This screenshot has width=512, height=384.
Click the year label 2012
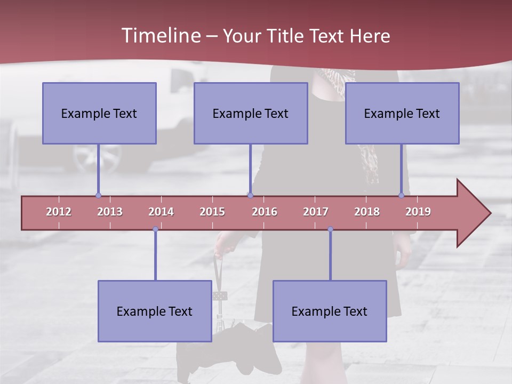tap(59, 212)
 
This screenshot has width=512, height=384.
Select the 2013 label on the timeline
tap(110, 212)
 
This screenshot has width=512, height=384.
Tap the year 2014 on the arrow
tap(161, 212)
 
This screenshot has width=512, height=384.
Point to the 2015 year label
tap(212, 212)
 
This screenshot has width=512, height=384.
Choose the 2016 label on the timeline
tap(265, 212)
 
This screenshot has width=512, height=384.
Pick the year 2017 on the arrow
tap(316, 212)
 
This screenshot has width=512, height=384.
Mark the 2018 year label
tap(367, 212)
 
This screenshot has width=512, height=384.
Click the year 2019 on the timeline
tap(418, 212)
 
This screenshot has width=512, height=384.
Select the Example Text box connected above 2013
tap(99, 113)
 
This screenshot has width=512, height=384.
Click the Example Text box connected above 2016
tap(251, 113)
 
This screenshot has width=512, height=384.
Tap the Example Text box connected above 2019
tap(402, 113)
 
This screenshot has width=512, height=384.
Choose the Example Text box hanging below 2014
tap(155, 311)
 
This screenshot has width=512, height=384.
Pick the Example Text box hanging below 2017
tap(330, 311)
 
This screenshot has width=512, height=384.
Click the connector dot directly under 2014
tap(155, 229)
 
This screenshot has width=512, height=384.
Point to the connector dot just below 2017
tap(330, 229)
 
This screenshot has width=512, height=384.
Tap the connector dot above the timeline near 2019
tap(402, 195)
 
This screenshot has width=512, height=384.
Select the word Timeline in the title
tap(160, 36)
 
